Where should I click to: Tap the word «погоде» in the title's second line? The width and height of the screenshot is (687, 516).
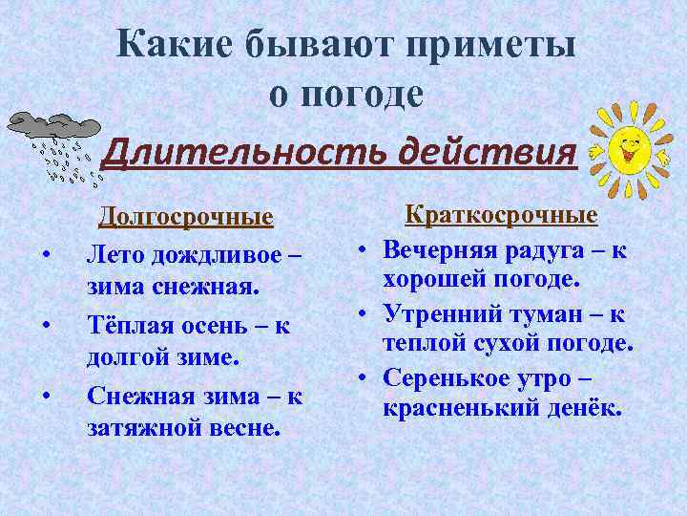pyautogui.click(x=364, y=94)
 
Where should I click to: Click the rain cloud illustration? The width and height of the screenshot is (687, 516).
pyautogui.click(x=52, y=142)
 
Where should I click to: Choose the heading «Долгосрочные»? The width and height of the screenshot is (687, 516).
pyautogui.click(x=186, y=219)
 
